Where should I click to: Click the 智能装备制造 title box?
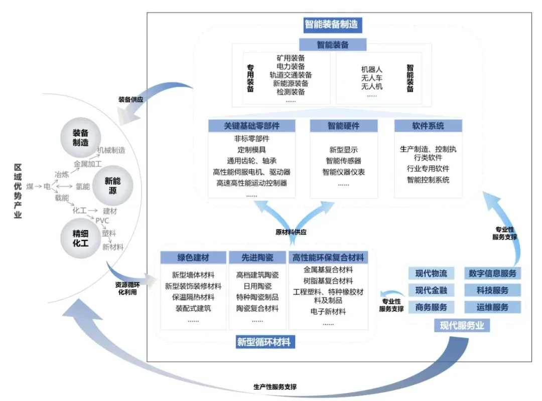[x=333, y=24]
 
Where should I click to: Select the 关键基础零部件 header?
[x=252, y=125]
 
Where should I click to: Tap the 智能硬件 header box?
[x=343, y=125]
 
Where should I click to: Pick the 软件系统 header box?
[x=428, y=125]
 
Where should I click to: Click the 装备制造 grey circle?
[x=80, y=137]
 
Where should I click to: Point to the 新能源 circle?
[x=112, y=185]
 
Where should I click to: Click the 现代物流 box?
[x=431, y=273]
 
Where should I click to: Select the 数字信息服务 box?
[x=492, y=273]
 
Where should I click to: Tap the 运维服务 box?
[x=492, y=307]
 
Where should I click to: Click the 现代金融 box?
[x=431, y=290]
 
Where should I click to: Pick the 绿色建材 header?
[x=193, y=258]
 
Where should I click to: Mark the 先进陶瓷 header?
[x=257, y=258]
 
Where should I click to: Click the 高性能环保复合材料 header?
[x=329, y=258]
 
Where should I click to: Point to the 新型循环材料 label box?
[x=263, y=342]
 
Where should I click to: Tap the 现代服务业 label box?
[x=462, y=326]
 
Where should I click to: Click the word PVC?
[x=102, y=221]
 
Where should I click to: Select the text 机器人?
[x=372, y=69]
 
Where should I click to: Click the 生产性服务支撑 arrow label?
[x=275, y=387]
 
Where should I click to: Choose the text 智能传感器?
[x=343, y=161]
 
